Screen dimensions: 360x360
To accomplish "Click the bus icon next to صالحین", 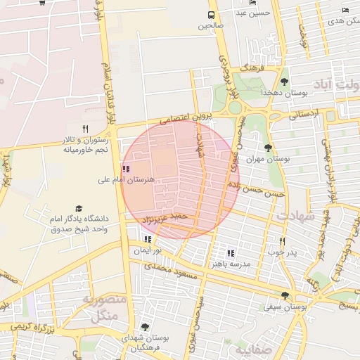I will coord(211,15).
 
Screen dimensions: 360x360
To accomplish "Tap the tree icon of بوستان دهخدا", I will coord(284,82).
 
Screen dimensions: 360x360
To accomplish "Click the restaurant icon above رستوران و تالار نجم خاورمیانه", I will coord(85,129).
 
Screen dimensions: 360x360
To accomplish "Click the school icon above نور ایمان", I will coord(147,239).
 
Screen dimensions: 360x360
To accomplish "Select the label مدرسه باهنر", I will coord(231,264).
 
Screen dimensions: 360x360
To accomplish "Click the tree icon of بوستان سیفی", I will coord(285,296).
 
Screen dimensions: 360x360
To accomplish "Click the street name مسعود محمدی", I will coord(168,267).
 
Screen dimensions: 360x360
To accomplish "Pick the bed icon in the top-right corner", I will coord(345,9).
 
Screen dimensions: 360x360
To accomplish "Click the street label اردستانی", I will coord(304,112).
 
